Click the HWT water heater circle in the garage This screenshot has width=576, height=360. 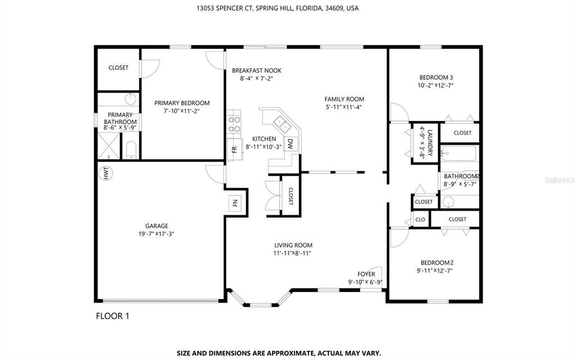105,174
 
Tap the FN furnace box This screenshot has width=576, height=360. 235,203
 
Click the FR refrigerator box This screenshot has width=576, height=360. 234,149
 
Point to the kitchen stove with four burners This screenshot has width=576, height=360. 234,123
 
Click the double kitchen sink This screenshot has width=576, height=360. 280,122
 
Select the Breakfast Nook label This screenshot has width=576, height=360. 256,70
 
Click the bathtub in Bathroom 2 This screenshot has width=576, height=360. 459,153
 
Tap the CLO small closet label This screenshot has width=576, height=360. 420,219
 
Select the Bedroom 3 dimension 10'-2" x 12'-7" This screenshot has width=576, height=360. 436,86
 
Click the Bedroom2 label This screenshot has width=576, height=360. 437,263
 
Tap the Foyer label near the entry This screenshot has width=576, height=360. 366,274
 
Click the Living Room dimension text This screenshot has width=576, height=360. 293,254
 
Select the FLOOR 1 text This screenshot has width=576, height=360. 113,316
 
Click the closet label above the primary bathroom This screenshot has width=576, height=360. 118,68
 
